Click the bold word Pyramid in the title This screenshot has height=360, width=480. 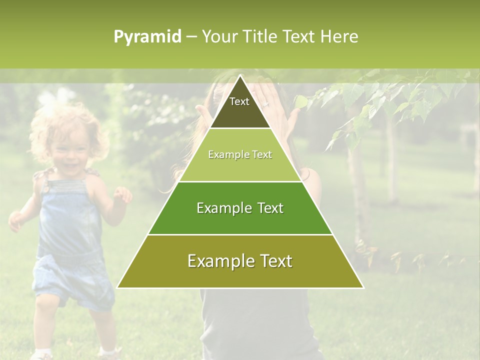(x=147, y=37)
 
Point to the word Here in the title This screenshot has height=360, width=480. (x=339, y=37)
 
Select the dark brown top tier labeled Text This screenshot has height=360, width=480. (x=239, y=107)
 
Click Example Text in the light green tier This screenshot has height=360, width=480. (x=240, y=155)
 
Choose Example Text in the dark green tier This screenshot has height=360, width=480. (x=240, y=208)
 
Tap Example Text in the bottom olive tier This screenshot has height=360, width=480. (x=240, y=261)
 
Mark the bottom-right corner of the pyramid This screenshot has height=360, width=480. (x=363, y=287)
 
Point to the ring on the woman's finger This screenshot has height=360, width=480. (x=266, y=104)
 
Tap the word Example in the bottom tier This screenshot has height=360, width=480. (x=216, y=261)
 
